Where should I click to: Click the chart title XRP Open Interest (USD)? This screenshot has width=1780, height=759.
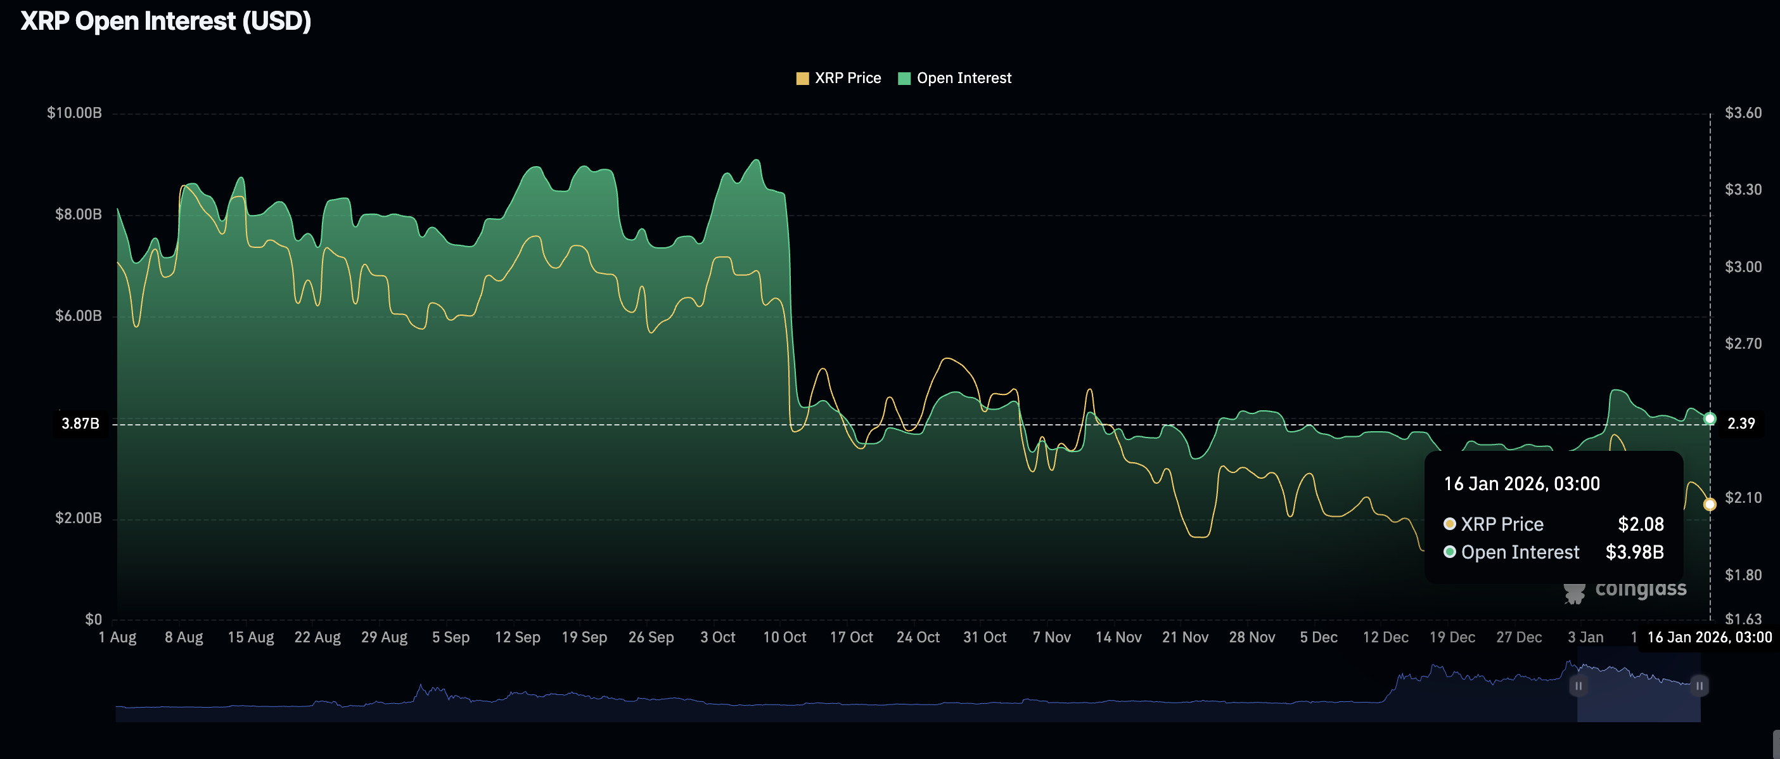[x=166, y=22]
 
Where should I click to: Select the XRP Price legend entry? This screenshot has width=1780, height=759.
[x=839, y=78]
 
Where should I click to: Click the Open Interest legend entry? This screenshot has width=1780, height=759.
[x=955, y=78]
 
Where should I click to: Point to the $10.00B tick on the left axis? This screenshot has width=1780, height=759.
[x=74, y=113]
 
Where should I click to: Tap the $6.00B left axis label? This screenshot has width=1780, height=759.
[x=78, y=316]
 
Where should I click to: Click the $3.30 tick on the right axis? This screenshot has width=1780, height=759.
[x=1743, y=190]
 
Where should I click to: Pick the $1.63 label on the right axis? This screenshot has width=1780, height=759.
[x=1743, y=619]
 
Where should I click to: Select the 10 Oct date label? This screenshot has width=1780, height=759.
[x=784, y=637]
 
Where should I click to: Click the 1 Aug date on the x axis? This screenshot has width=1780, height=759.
[x=117, y=637]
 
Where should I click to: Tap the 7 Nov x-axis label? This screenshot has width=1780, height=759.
[x=1052, y=637]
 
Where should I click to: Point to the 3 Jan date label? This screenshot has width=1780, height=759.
[x=1585, y=637]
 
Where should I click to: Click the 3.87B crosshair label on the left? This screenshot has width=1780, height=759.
[x=80, y=424]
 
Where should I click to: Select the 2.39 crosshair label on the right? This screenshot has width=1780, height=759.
[x=1741, y=424]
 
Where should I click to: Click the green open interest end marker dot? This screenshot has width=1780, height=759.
[x=1710, y=419]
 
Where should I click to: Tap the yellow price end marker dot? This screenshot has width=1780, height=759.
[x=1710, y=505]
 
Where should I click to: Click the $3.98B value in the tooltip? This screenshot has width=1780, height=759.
[x=1634, y=552]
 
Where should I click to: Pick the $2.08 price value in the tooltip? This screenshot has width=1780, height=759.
[x=1641, y=524]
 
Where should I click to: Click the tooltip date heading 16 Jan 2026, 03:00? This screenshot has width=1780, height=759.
[x=1521, y=484]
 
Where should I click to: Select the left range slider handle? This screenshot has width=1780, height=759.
[x=1578, y=685]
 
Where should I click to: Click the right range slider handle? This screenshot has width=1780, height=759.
[x=1699, y=685]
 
